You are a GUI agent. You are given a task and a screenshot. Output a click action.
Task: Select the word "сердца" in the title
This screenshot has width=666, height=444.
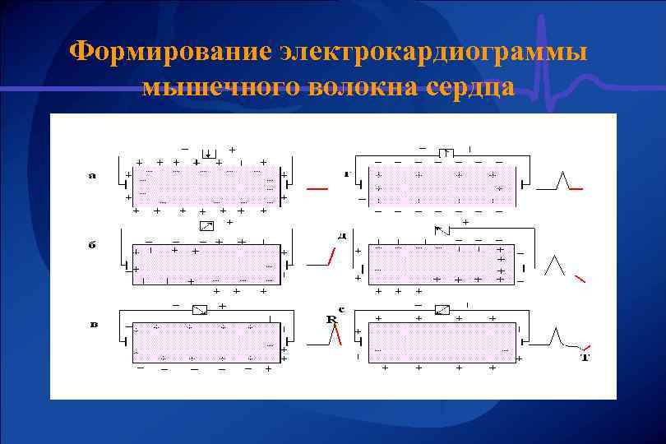point(465,86)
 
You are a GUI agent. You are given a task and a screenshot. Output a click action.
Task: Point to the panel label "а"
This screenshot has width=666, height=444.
point(92,174)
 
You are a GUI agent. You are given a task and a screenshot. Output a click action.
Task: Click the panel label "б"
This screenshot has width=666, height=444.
point(92,243)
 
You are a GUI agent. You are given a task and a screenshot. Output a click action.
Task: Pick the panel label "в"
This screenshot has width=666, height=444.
point(93,324)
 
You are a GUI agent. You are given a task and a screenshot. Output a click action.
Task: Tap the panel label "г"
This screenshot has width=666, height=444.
point(346,173)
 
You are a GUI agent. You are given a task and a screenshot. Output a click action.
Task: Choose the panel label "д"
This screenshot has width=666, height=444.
point(341,236)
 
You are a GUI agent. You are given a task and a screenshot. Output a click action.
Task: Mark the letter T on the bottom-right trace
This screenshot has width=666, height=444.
point(585,357)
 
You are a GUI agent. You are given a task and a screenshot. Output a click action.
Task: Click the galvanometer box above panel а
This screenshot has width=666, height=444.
point(209,153)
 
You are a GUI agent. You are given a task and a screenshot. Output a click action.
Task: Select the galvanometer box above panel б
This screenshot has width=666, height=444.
point(206,225)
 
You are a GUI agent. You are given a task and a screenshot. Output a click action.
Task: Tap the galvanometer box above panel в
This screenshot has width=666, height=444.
point(199,310)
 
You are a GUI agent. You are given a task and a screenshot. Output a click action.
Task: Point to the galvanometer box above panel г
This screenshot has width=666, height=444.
point(446,152)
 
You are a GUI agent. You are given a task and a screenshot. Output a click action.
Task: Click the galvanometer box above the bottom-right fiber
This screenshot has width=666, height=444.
point(442,310)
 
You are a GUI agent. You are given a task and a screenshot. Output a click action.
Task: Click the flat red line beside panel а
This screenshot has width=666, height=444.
point(317,189)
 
